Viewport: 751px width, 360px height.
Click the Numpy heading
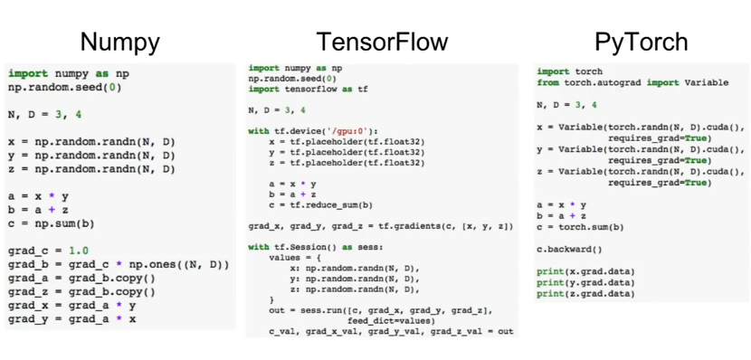pos(120,43)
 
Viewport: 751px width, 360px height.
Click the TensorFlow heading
pos(382,42)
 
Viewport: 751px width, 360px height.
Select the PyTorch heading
pos(641,43)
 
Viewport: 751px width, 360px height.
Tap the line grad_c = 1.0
pos(48,251)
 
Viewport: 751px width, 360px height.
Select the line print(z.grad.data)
pos(585,293)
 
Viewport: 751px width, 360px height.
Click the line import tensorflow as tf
pos(308,89)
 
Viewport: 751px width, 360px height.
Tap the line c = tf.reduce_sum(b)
pos(321,205)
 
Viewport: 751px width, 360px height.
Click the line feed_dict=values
pos(391,321)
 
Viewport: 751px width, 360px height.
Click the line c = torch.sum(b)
pos(580,227)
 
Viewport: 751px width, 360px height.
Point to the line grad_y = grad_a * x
pos(71,318)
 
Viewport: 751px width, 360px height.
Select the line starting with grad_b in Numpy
pos(119,265)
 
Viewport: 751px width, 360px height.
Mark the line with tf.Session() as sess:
pos(316,248)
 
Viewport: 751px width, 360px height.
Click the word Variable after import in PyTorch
pos(706,83)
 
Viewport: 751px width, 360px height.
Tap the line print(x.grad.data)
pos(585,271)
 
